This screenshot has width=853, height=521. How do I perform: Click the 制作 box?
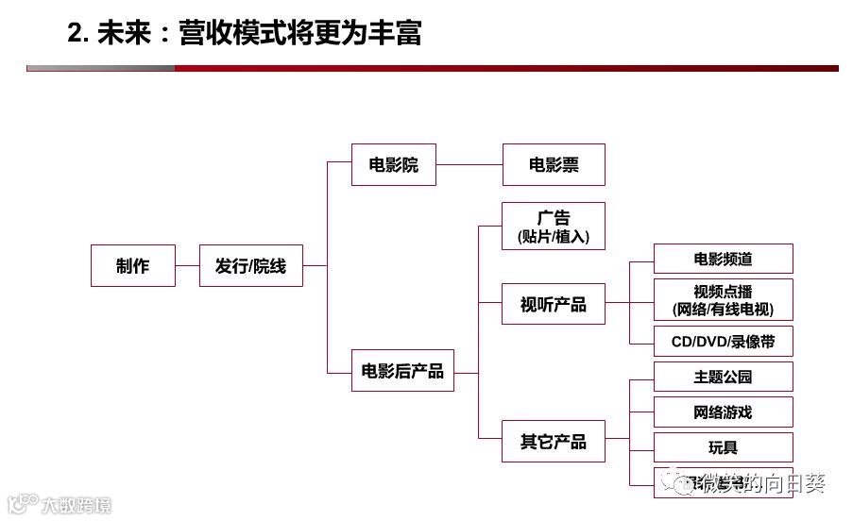133,266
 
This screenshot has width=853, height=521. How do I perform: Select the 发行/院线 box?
250,266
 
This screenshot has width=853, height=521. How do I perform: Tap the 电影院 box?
393,165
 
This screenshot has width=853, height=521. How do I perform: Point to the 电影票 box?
554,165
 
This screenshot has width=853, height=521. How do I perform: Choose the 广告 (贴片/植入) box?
554,227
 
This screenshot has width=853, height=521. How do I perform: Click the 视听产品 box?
554,304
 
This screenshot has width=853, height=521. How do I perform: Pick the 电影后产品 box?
402,370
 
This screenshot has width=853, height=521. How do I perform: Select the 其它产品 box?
554,441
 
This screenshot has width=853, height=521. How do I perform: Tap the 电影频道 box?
724,259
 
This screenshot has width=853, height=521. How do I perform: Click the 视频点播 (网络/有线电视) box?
724,299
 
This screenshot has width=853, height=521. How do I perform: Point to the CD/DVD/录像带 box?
724,341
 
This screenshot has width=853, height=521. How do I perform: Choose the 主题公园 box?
724,377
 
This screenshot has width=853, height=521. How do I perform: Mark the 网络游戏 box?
724,412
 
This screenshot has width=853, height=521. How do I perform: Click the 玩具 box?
724,447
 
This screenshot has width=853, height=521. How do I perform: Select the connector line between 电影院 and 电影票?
469,165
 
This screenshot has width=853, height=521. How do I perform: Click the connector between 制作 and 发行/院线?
188,266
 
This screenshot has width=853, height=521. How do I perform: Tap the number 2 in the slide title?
75,34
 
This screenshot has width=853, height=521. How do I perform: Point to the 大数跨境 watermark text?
76,506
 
